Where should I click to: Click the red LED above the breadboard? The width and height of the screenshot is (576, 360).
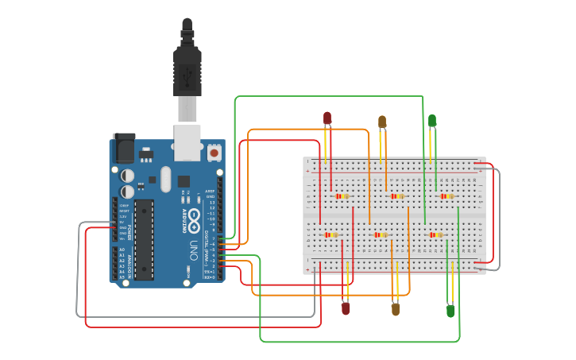327,118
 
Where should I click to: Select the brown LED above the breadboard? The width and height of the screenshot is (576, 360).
382,122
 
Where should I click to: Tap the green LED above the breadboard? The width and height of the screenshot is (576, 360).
432,121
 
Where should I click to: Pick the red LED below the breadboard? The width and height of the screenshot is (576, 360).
346,308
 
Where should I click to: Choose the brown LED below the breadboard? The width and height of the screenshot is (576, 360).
396,309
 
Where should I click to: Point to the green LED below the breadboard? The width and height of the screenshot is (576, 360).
450,311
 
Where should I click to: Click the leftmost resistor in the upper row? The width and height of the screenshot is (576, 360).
342,195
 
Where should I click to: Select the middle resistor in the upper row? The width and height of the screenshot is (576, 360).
396,195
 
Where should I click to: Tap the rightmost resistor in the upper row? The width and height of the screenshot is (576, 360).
446,195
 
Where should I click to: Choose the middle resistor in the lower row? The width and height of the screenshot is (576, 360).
381,234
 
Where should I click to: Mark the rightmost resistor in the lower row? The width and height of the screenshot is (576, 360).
435,234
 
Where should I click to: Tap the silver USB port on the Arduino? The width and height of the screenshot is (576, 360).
187,141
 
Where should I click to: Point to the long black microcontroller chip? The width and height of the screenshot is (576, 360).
144,239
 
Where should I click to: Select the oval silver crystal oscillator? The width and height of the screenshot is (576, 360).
165,179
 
